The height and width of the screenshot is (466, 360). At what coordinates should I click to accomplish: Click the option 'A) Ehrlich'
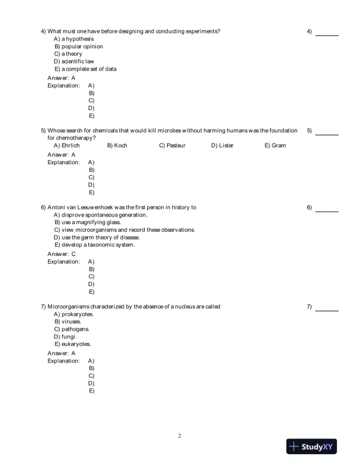pyautogui.click(x=66, y=145)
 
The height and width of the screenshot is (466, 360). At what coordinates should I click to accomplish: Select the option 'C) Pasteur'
pyautogui.click(x=172, y=145)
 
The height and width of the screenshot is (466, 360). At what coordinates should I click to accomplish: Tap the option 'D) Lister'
pyautogui.click(x=222, y=145)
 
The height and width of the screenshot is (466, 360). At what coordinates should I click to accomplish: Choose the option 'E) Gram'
pyautogui.click(x=275, y=145)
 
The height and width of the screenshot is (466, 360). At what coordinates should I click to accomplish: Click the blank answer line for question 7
pyautogui.click(x=326, y=309)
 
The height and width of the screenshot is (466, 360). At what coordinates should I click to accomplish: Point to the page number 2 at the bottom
pyautogui.click(x=179, y=436)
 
